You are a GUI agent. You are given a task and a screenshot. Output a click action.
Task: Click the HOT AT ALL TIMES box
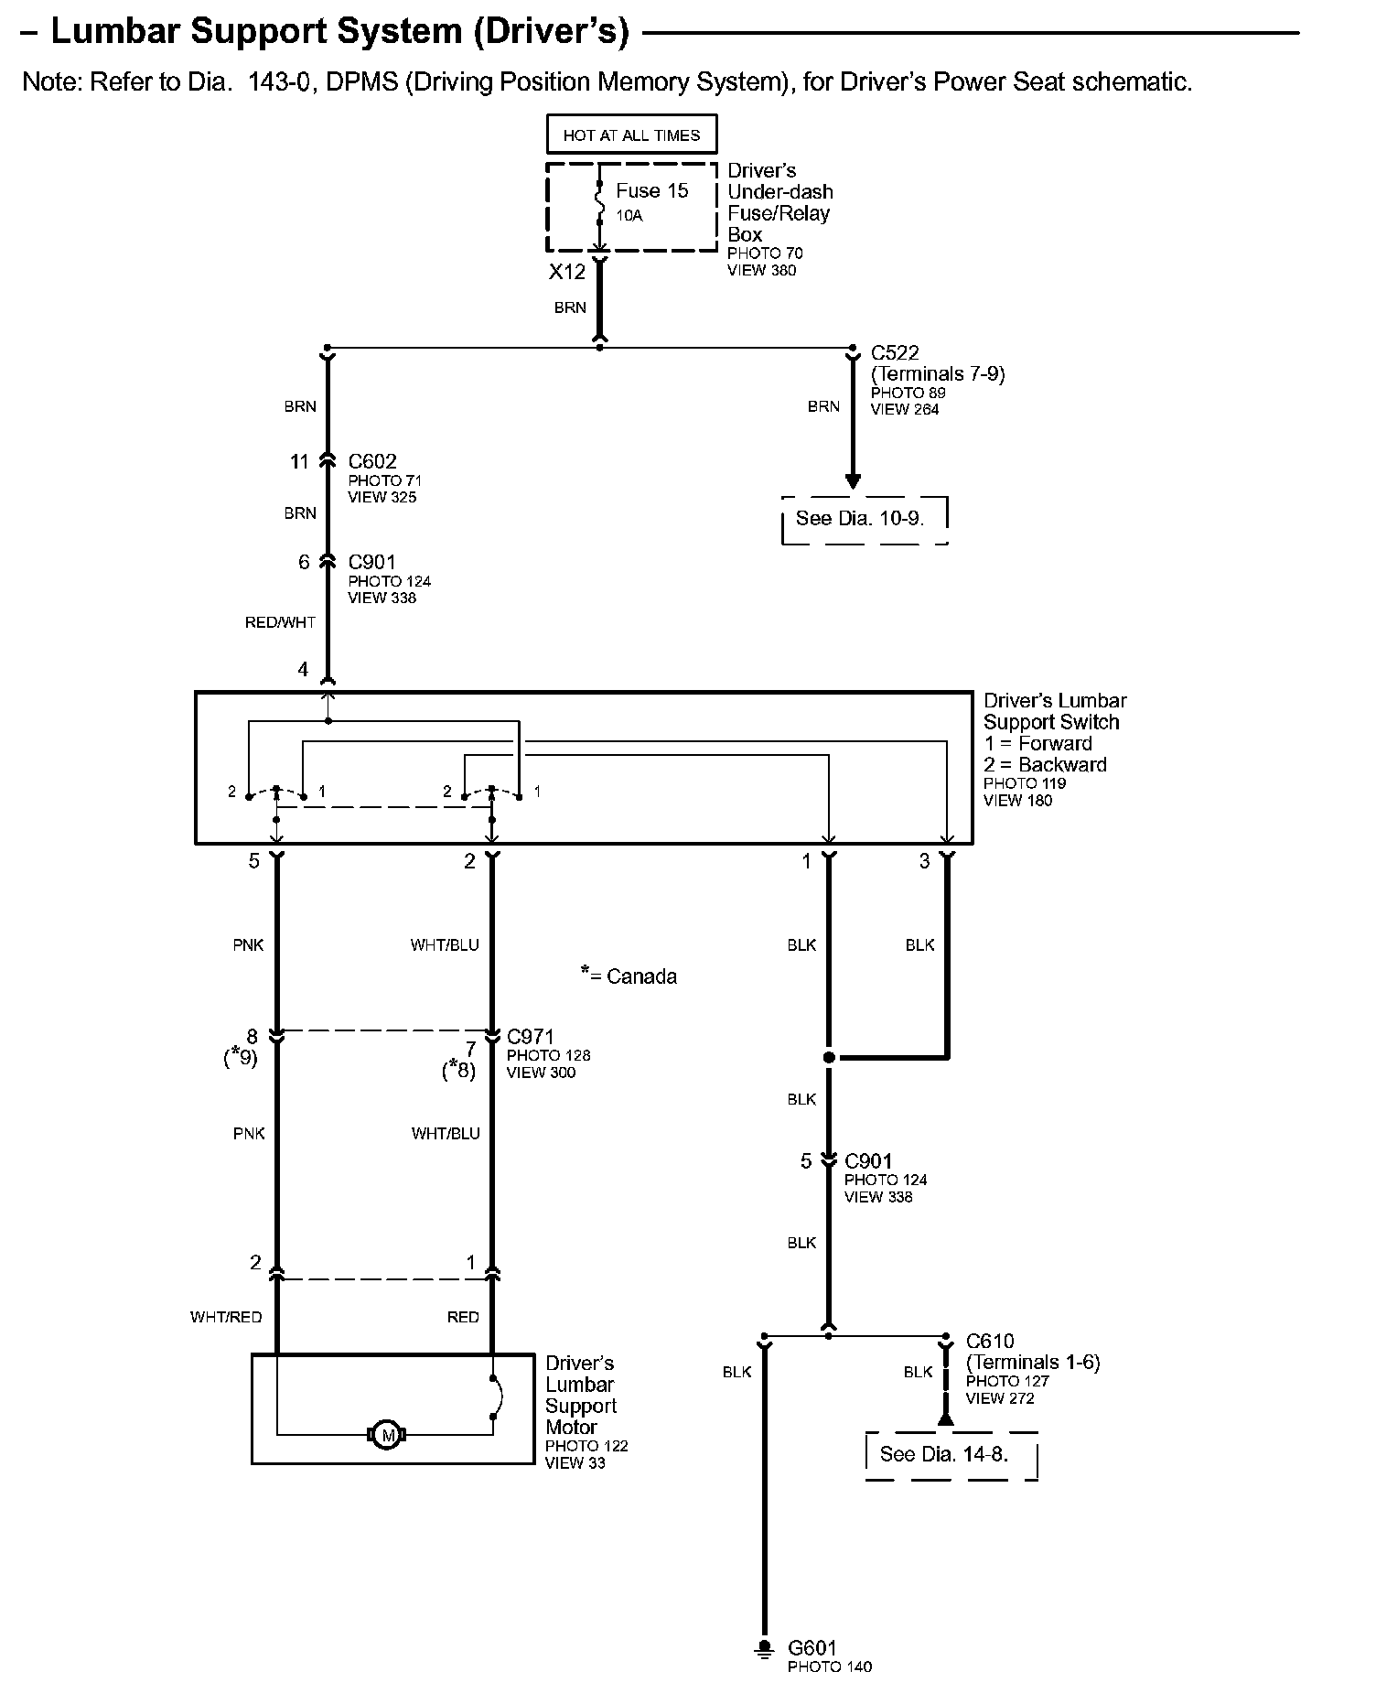(x=631, y=135)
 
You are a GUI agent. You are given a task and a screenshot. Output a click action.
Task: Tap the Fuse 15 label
(x=651, y=190)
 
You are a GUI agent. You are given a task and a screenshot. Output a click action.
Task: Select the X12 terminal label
(x=566, y=272)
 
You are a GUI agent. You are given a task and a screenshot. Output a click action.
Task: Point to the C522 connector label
(x=895, y=352)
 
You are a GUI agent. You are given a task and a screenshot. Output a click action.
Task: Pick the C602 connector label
(x=372, y=462)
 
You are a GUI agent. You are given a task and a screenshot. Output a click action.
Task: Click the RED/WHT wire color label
(x=280, y=622)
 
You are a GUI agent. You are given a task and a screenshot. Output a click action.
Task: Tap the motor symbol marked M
(x=387, y=1435)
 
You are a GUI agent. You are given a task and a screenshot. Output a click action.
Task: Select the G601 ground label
(x=812, y=1648)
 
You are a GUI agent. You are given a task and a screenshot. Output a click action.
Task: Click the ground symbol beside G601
(x=763, y=1650)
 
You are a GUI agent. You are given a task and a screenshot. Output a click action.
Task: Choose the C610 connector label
(x=990, y=1342)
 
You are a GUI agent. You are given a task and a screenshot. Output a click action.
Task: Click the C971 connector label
(x=531, y=1037)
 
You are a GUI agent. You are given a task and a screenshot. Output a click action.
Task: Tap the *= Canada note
(x=629, y=976)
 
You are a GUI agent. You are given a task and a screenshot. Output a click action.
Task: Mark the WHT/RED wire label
(x=226, y=1317)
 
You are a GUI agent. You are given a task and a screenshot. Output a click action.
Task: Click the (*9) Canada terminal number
(x=241, y=1058)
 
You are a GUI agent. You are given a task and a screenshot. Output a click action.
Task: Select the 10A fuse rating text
(x=629, y=216)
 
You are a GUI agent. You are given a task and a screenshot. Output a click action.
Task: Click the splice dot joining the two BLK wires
(x=829, y=1058)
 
